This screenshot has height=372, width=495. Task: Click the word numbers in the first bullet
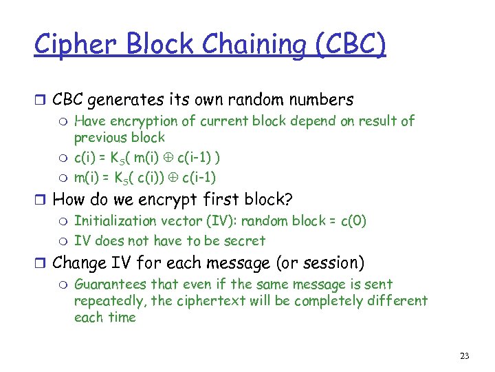pos(321,100)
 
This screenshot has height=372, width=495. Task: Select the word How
pos(69,200)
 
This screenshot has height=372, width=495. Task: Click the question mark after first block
pos(289,200)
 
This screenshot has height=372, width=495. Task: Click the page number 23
pos(464,356)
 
